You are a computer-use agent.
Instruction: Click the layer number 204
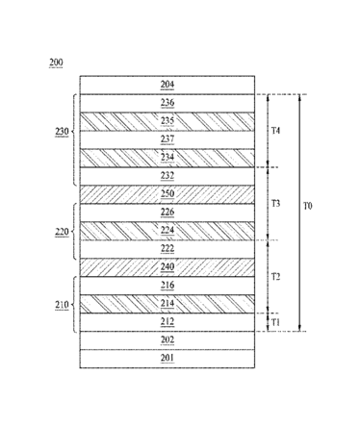(167, 85)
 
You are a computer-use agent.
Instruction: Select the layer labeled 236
(167, 103)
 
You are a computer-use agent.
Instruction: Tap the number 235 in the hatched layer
(167, 121)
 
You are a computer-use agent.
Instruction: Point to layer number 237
(167, 139)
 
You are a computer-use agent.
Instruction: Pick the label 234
(167, 158)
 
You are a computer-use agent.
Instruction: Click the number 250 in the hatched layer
(167, 193)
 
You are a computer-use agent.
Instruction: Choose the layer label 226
(167, 212)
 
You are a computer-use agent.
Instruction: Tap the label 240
(167, 266)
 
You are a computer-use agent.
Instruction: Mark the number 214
(167, 303)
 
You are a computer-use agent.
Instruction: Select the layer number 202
(167, 339)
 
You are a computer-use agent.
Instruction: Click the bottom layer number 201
(167, 358)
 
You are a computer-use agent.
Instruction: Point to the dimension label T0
(308, 207)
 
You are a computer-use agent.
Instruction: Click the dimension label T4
(276, 131)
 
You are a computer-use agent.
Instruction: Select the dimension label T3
(276, 204)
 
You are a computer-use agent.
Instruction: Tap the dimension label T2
(276, 277)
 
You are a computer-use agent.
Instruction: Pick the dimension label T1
(275, 322)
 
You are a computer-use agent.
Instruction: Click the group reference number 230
(62, 132)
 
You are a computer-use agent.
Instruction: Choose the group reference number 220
(62, 232)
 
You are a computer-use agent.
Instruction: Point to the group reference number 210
(62, 305)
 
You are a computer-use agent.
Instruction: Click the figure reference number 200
(56, 63)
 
